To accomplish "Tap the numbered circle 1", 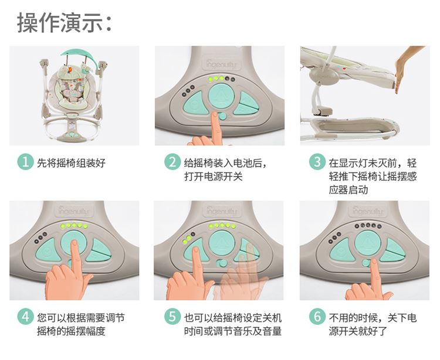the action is pyautogui.click(x=26, y=162).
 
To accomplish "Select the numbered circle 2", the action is pyautogui.click(x=172, y=162).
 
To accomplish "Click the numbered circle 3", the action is pyautogui.click(x=317, y=162).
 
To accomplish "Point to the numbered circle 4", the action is pyautogui.click(x=26, y=317).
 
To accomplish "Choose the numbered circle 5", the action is pyautogui.click(x=172, y=317).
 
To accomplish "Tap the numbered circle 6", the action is pyautogui.click(x=317, y=317).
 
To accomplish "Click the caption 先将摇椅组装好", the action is pyautogui.click(x=71, y=162).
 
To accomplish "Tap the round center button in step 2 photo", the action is pyautogui.click(x=221, y=96).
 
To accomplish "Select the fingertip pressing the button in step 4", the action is pyautogui.click(x=75, y=243).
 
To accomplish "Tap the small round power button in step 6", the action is pyautogui.click(x=366, y=263).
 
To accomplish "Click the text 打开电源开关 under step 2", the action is pyautogui.click(x=214, y=176).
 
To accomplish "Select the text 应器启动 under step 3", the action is pyautogui.click(x=348, y=190).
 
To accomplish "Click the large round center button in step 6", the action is pyautogui.click(x=368, y=243).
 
